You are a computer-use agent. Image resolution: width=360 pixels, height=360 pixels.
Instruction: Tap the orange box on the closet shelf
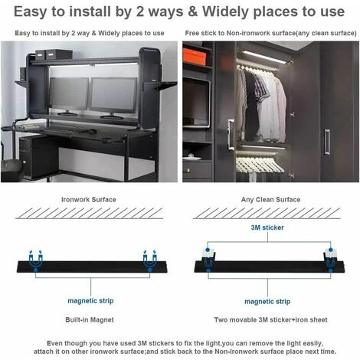point(195,57)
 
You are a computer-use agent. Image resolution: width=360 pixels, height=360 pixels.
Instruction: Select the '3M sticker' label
point(267,227)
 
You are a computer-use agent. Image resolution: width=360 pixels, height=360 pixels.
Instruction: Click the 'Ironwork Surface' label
point(89,199)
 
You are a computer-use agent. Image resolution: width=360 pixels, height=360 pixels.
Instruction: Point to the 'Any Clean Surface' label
point(270,199)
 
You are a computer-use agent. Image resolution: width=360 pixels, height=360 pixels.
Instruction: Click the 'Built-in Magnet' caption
point(90,319)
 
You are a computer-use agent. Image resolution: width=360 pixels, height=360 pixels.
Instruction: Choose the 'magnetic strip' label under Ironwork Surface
point(90,301)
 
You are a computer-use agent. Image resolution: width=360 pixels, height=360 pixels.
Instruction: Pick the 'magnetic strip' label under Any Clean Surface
point(267,302)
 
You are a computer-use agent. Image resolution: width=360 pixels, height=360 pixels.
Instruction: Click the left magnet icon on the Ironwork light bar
point(35,260)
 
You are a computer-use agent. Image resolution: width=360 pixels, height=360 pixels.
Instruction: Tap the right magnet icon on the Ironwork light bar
point(149,260)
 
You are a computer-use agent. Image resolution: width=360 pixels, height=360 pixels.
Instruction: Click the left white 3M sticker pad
point(208,253)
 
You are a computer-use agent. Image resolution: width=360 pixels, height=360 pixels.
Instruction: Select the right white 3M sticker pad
point(331,253)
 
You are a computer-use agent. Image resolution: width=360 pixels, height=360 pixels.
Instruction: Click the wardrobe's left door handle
point(231,134)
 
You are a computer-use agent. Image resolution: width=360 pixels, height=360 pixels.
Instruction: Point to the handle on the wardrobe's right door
point(327,142)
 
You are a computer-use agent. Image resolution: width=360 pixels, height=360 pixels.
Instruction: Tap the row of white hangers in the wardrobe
point(259,165)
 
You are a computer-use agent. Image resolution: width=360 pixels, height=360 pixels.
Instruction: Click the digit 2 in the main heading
point(140,11)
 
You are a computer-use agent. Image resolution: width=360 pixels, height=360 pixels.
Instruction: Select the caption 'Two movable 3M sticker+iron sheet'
point(270,319)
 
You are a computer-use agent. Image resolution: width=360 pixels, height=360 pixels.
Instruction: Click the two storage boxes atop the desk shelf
point(54,54)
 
